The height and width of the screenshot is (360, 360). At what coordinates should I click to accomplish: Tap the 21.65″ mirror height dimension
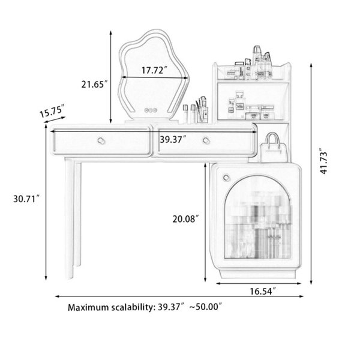point(94,84)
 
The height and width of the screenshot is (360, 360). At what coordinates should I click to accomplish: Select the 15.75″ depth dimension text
point(52,111)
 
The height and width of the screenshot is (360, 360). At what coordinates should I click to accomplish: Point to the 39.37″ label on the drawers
point(173,139)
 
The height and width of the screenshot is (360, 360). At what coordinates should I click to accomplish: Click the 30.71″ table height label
point(26,199)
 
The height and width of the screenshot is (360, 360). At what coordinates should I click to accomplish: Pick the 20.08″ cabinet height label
point(185,219)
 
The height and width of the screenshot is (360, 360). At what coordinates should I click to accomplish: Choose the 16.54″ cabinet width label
point(263,292)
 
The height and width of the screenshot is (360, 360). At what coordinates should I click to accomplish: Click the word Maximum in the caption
point(88,307)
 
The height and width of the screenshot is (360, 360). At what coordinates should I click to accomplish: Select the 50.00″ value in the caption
point(206,307)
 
